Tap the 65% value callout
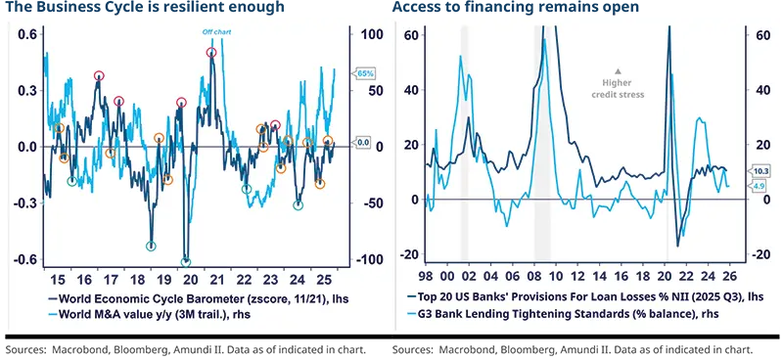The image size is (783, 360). (365, 73)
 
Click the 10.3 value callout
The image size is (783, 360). (759, 170)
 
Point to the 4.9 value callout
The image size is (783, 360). (759, 185)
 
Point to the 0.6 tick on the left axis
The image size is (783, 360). (27, 34)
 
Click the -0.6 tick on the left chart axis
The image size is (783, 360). (25, 259)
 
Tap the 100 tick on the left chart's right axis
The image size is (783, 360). (371, 34)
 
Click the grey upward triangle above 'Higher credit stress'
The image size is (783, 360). (618, 69)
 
